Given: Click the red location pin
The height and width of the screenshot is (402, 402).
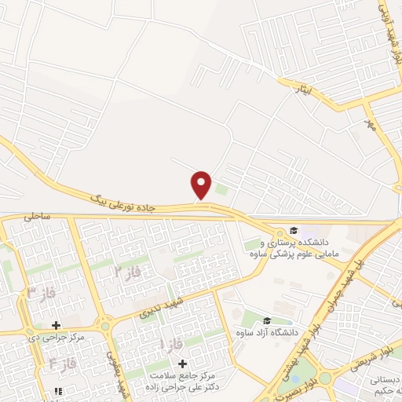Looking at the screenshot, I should coord(202,184).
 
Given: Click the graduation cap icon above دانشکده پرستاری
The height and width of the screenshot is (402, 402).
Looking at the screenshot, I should coord(294,230).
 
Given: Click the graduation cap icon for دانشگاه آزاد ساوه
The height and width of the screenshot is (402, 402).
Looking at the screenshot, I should coord(267,320).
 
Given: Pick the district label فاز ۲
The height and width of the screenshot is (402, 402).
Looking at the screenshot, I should coord(126,272).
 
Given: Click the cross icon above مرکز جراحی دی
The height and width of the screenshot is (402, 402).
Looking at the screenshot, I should coord(56,324).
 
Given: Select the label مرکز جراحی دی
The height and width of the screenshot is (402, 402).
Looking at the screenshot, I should coord(55,338).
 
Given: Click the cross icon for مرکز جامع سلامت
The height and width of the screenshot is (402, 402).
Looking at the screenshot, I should coord(183,364).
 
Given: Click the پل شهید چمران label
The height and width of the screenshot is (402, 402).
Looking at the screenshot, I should coord(345,266).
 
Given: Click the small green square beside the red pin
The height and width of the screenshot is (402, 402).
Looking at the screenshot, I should coord(221,188).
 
